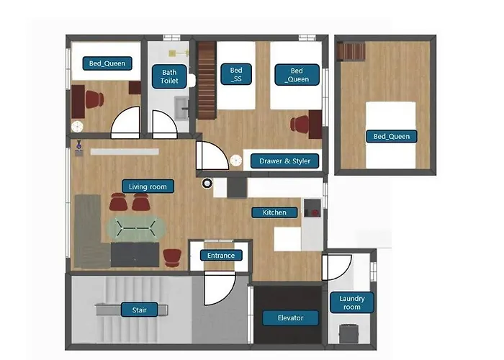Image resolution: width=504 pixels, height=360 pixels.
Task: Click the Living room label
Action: click(148, 186)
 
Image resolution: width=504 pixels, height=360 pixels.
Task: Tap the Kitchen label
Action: click(274, 212)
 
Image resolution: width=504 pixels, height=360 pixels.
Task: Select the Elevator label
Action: click(291, 318)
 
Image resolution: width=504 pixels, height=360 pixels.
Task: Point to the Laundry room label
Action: click(352, 302)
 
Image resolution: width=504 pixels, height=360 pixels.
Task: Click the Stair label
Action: click(140, 310)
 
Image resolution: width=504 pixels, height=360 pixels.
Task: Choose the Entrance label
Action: click(221, 256)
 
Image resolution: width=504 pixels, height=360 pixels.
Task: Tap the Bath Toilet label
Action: click(169, 76)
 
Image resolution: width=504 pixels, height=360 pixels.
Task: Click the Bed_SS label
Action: click(236, 74)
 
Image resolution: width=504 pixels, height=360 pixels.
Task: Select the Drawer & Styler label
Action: click(285, 161)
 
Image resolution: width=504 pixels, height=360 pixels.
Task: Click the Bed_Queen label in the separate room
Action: click(392, 136)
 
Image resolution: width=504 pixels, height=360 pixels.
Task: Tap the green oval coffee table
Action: click(136, 228)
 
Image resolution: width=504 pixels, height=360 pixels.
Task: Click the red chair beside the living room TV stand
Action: click(172, 258)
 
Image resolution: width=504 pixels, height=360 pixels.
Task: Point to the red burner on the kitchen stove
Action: click(315, 212)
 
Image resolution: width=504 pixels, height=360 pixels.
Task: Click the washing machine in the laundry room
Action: click(348, 333)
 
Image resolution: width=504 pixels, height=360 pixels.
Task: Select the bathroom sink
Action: click(182, 108)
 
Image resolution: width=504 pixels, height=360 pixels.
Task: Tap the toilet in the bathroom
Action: click(192, 81)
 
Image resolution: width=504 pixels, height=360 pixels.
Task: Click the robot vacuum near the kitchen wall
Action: click(207, 183)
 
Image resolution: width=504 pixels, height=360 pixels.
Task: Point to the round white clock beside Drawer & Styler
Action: click(236, 161)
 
